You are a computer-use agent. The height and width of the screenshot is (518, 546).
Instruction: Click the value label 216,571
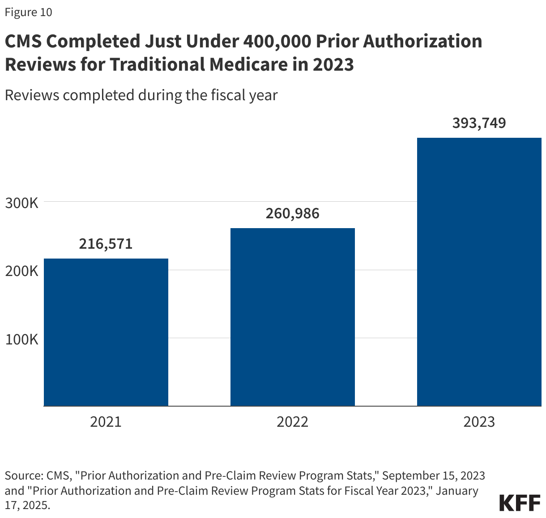pyautogui.click(x=106, y=244)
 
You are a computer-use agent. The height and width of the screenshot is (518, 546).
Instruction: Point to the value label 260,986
pyautogui.click(x=292, y=213)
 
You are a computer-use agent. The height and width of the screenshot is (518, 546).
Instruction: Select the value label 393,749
pyautogui.click(x=479, y=123)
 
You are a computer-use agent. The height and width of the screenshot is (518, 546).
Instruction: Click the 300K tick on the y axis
pyautogui.click(x=21, y=203)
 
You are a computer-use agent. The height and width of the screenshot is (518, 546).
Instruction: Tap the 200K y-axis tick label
pyautogui.click(x=21, y=271)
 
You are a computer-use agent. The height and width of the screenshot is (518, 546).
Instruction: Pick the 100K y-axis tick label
pyautogui.click(x=21, y=339)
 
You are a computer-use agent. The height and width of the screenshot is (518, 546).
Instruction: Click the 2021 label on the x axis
pyautogui.click(x=106, y=422)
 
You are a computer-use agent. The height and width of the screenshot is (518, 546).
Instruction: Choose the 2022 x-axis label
pyautogui.click(x=292, y=422)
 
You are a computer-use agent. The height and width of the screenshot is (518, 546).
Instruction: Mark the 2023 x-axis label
pyautogui.click(x=479, y=422)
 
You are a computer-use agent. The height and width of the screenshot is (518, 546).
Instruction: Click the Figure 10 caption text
pyautogui.click(x=28, y=12)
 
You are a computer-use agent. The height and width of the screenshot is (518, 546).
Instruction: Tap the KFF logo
pyautogui.click(x=520, y=503)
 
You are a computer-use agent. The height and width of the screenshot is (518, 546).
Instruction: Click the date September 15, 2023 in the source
pyautogui.click(x=433, y=475)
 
